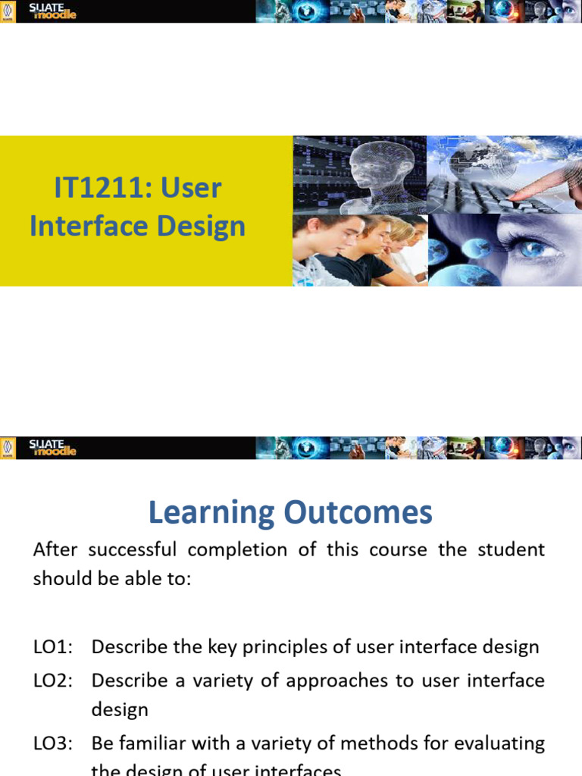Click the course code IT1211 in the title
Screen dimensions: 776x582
pos(99,188)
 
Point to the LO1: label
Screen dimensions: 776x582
pos(53,646)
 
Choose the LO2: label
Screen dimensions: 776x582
pos(53,680)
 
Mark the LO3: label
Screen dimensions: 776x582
pos(53,743)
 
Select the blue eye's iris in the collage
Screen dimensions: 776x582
pos(535,248)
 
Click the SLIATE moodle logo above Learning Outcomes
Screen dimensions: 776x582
pos(52,448)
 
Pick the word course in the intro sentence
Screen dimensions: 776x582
pos(399,549)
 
